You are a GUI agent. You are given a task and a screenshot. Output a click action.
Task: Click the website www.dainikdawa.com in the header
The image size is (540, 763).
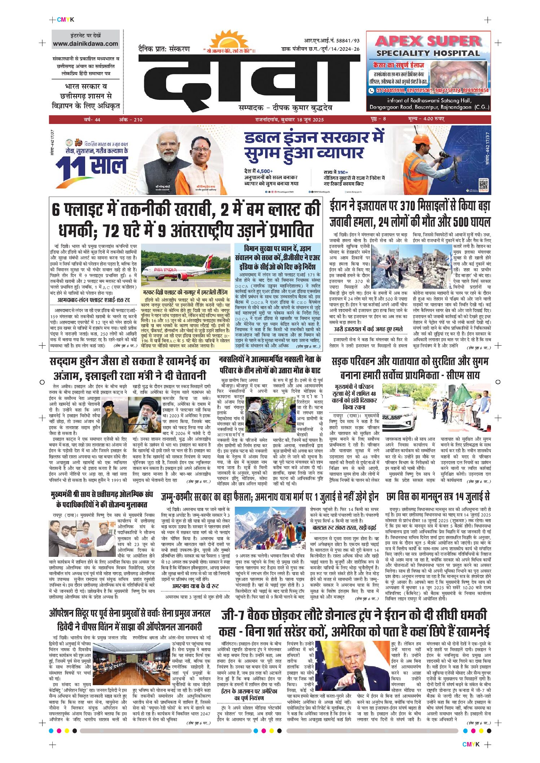point(85,44)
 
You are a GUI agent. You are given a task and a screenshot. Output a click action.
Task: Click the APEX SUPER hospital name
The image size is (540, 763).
point(429,41)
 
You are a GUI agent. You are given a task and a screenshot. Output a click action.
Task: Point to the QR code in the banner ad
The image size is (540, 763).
point(483,185)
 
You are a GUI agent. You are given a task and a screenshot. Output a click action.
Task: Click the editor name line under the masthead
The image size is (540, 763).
point(285,108)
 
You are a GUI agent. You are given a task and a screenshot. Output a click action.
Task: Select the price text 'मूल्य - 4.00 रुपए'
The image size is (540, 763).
point(426,119)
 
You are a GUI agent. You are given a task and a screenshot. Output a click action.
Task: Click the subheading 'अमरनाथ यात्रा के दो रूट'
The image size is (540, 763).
point(195,586)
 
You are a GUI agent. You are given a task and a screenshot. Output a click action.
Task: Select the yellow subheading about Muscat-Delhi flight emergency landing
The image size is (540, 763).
point(186,292)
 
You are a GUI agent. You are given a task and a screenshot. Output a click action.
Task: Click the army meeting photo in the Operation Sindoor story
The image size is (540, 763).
point(131,664)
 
